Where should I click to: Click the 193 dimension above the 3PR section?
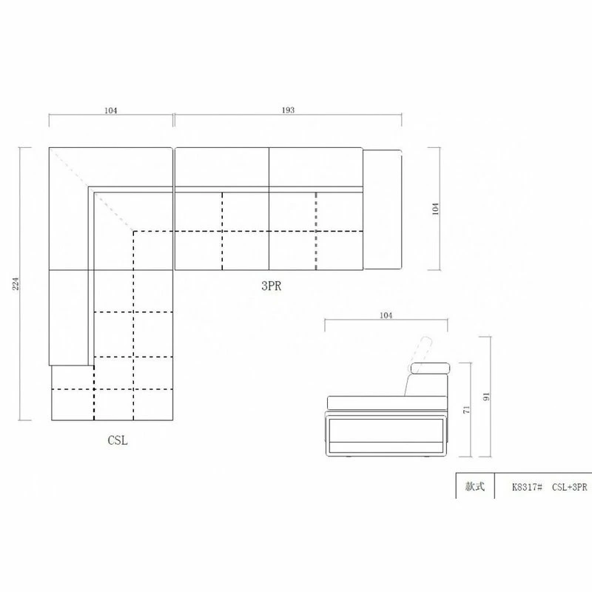pyautogui.click(x=288, y=110)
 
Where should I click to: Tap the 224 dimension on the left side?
pyautogui.click(x=16, y=283)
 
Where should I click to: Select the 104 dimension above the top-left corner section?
pyautogui.click(x=110, y=110)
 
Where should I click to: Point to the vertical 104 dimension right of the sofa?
pyautogui.click(x=435, y=209)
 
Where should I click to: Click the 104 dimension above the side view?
pyautogui.click(x=386, y=315)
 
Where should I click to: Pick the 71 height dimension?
pyautogui.click(x=467, y=410)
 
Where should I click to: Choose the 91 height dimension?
pyautogui.click(x=486, y=397)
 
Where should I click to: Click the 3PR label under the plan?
pyautogui.click(x=271, y=286)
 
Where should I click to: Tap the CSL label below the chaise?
pyautogui.click(x=118, y=440)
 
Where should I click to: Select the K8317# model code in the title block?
pyautogui.click(x=527, y=487)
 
